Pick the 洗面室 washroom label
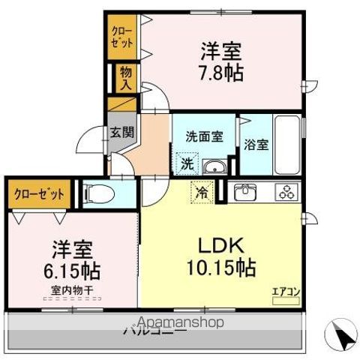204,136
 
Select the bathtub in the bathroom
287,144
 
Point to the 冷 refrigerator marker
201,192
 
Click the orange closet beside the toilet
40,194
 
